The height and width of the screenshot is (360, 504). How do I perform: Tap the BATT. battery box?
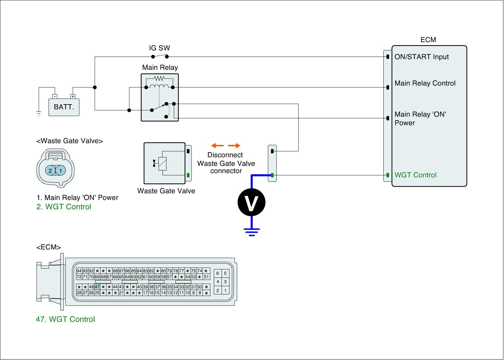[x=64, y=107]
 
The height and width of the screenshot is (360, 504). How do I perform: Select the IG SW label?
[x=159, y=48]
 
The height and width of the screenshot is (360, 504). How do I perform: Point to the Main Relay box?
[x=160, y=97]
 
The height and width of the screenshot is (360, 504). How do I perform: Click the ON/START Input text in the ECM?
[x=421, y=57]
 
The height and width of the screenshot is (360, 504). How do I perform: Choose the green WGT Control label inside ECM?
[x=415, y=175]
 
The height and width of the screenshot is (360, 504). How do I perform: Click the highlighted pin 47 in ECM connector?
[x=97, y=287]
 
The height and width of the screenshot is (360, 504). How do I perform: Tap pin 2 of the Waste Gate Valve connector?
[x=50, y=171]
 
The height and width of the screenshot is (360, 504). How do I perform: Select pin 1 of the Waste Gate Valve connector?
[x=60, y=171]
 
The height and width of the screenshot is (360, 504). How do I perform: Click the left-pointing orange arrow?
[x=217, y=146]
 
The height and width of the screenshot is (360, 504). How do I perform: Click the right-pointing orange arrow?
[x=234, y=146]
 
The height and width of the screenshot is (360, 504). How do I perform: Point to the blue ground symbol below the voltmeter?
[x=251, y=232]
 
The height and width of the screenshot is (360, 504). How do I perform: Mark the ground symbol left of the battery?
[x=39, y=113]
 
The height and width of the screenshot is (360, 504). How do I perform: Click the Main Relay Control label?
[x=425, y=83]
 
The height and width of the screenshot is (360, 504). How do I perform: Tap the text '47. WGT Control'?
[x=65, y=319]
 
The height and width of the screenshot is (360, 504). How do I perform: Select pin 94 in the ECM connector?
[x=79, y=271]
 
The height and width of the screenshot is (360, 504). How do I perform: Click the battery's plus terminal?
[x=73, y=96]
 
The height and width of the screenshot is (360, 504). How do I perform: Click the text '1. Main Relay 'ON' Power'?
[x=77, y=198]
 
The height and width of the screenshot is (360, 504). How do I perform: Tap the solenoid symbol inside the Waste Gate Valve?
[x=162, y=163]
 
